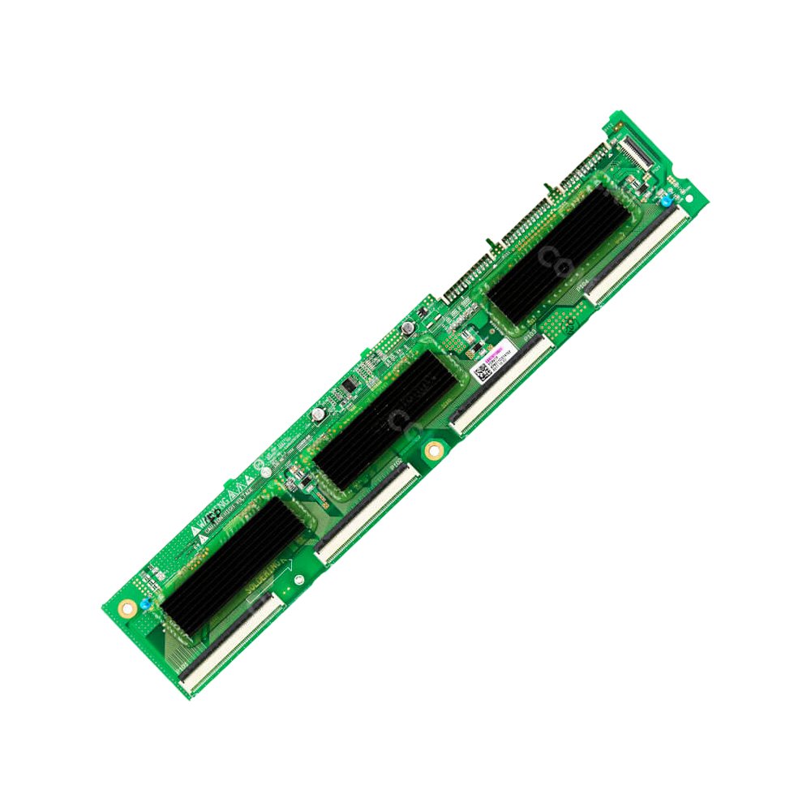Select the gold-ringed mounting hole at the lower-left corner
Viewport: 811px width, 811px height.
click(x=126, y=607)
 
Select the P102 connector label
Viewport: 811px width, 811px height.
click(x=397, y=465)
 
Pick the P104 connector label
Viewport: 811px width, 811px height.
click(x=581, y=285)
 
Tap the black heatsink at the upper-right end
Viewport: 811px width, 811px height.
click(x=560, y=251)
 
